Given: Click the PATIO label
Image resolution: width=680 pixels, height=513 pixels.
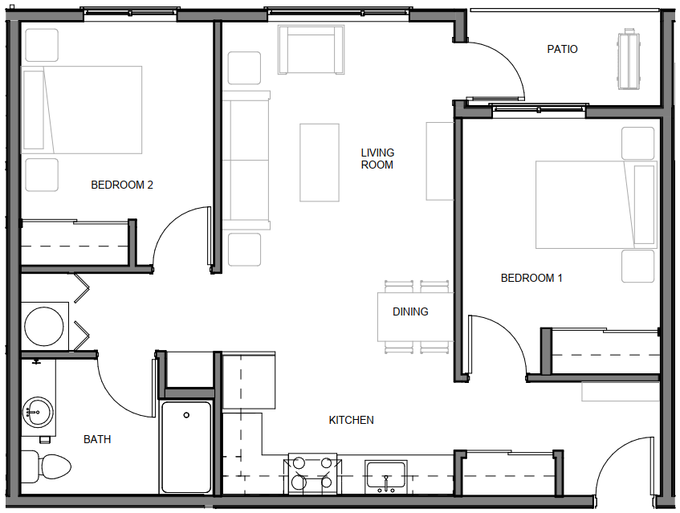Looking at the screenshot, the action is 562,49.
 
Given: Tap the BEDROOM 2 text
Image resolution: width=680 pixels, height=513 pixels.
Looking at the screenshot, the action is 122,185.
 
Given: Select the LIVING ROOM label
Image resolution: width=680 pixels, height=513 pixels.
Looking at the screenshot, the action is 377,159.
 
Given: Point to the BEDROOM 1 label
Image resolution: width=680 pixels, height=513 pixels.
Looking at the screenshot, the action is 531,278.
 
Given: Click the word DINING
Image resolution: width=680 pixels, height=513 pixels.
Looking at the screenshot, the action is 410,311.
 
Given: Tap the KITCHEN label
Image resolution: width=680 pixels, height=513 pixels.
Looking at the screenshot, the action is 352,420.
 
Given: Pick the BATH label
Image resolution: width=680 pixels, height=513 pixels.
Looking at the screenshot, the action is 97,439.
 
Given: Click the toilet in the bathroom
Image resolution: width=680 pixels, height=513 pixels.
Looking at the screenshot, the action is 46,466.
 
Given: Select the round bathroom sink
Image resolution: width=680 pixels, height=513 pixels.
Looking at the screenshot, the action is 39,412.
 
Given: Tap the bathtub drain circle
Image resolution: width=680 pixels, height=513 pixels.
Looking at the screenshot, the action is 186,415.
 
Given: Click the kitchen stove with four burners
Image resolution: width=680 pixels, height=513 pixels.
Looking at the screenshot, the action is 312,474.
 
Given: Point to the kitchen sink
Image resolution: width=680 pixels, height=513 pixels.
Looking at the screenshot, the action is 386,477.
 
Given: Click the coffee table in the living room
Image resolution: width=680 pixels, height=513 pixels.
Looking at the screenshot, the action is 320,163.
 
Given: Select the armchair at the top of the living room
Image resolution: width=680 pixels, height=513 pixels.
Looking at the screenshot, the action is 311,50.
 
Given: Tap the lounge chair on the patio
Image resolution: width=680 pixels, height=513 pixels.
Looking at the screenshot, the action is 629,59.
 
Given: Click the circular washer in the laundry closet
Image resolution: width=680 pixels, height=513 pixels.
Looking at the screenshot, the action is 44,326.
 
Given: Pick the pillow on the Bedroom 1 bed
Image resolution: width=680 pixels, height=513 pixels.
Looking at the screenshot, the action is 644,205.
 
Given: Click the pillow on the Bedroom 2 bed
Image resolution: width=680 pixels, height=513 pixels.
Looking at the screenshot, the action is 34,110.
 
